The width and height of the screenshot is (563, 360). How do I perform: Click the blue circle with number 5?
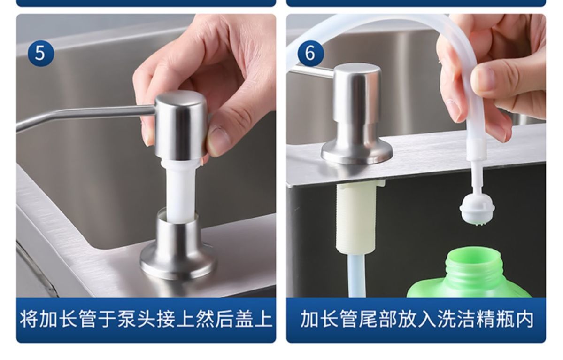pyautogui.click(x=40, y=53)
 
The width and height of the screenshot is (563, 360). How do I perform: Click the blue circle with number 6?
pyautogui.click(x=310, y=53)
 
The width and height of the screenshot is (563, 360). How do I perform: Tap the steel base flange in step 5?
pyautogui.click(x=178, y=257)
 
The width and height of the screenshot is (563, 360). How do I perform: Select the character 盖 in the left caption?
pyautogui.click(x=245, y=319)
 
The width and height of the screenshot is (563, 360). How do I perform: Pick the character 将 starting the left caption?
pyautogui.click(x=29, y=319)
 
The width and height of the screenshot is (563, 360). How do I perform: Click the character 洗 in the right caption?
pyautogui.click(x=446, y=319)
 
